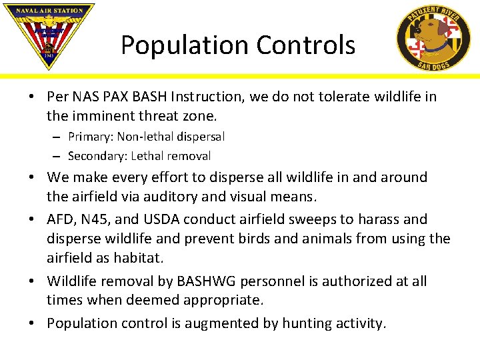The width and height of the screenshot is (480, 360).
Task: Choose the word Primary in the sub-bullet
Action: [90, 137]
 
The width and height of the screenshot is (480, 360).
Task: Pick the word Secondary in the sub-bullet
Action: [97, 156]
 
